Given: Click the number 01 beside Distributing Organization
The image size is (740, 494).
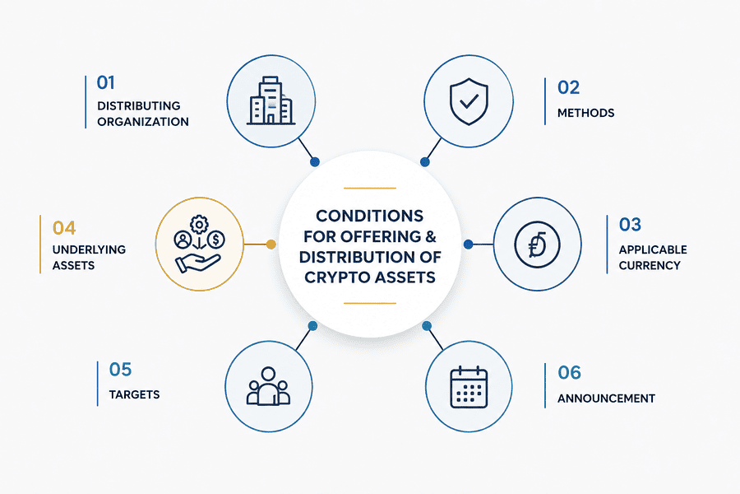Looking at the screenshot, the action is coord(106,82).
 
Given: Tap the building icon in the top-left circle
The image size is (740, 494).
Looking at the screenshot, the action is coord(271,100).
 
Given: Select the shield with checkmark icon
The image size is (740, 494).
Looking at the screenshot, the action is coord(469,101).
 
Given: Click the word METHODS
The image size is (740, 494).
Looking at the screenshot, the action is coord(585,113).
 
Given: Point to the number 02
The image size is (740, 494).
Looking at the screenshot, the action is coord(568,87).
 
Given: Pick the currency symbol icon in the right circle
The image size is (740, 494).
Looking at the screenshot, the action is coord(537,245).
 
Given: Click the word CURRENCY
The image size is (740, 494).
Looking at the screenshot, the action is coord(650,266).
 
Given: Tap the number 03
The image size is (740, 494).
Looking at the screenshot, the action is coord(630,225).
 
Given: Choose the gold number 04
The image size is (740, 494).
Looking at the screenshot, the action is coord(63,228).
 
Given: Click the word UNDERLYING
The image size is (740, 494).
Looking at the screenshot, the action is coord(89,249).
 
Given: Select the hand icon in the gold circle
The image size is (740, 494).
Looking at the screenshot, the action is coord(198,263).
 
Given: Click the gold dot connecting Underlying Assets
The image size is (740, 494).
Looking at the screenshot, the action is coord(271,245).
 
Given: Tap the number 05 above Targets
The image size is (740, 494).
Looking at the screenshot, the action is coord(120,370).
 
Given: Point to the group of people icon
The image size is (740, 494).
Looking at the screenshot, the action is coord(268,386).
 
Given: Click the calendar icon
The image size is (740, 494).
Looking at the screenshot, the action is coord(469,387).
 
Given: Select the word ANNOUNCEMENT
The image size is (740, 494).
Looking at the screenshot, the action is coord(606,398).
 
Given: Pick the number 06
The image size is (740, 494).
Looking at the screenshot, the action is coord(569,373).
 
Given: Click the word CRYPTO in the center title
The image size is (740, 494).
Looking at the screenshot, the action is coord(336,277).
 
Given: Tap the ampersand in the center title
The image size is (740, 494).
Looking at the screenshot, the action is coord(431,236).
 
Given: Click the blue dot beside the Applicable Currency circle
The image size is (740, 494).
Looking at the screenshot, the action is coord(468,245).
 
